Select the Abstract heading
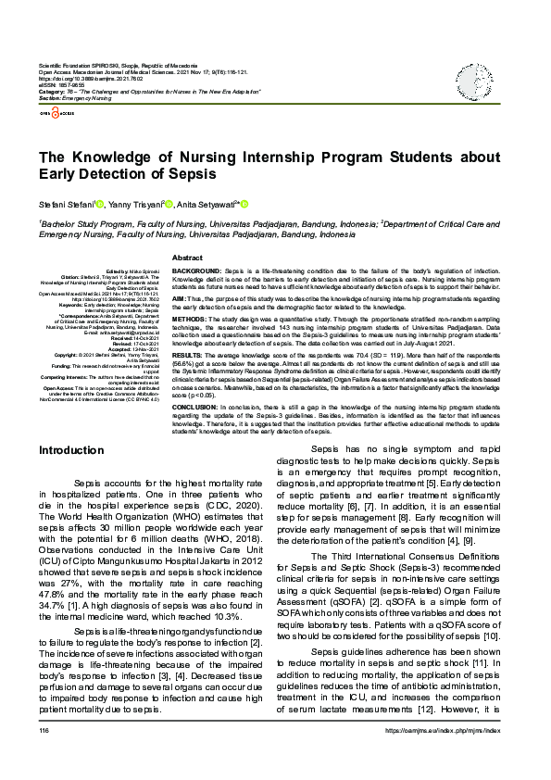coord(187,258)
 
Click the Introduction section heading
coord(70,450)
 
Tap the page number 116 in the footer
coord(44,757)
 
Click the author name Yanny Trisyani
coord(134,204)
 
